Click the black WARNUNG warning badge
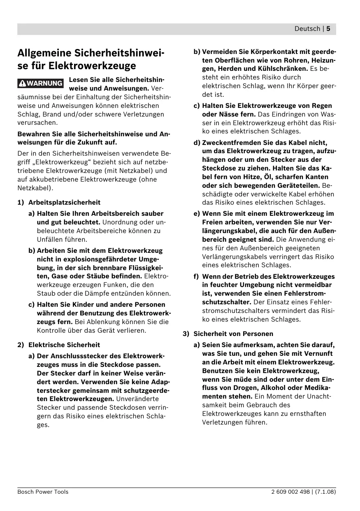41,83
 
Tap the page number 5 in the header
329,29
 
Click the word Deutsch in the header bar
307,29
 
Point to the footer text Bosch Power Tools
43,492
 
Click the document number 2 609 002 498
290,492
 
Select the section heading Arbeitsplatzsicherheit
64,202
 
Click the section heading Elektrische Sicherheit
64,345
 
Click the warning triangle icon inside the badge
23,83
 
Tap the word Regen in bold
322,105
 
